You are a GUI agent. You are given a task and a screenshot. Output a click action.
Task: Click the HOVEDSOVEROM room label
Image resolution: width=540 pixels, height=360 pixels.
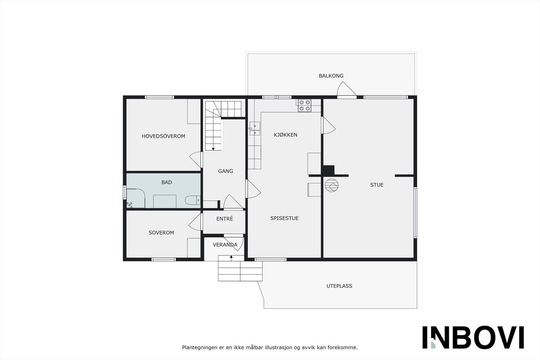163,136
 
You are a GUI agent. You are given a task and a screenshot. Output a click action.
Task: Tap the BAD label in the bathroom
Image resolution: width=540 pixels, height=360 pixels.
167,183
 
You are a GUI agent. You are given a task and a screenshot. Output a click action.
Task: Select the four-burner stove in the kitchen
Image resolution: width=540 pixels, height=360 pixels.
304,105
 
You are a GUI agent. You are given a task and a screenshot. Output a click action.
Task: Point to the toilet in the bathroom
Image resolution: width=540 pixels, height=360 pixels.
192,200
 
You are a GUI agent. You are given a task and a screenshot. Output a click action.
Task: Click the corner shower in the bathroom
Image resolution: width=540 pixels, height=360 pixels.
136,198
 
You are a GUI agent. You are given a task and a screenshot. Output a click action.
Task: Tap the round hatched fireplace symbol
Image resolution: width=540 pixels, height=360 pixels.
331,185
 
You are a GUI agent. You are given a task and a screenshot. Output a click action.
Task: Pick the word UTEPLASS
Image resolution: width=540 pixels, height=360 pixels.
339,286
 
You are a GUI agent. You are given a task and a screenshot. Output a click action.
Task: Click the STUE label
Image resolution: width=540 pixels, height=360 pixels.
377,185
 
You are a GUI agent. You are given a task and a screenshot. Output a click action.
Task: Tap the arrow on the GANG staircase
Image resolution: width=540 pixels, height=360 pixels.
213,148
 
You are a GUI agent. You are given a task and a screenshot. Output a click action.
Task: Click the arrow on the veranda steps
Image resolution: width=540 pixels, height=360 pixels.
231,257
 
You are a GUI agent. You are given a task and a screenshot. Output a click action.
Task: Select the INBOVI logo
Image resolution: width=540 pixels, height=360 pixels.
473,337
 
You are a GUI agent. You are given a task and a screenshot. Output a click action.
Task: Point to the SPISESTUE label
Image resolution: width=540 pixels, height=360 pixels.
284,218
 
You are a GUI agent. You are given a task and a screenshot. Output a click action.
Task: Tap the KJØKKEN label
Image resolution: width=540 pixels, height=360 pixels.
285,135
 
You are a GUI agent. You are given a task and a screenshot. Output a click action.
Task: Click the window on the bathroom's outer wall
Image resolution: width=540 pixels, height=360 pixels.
125,192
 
